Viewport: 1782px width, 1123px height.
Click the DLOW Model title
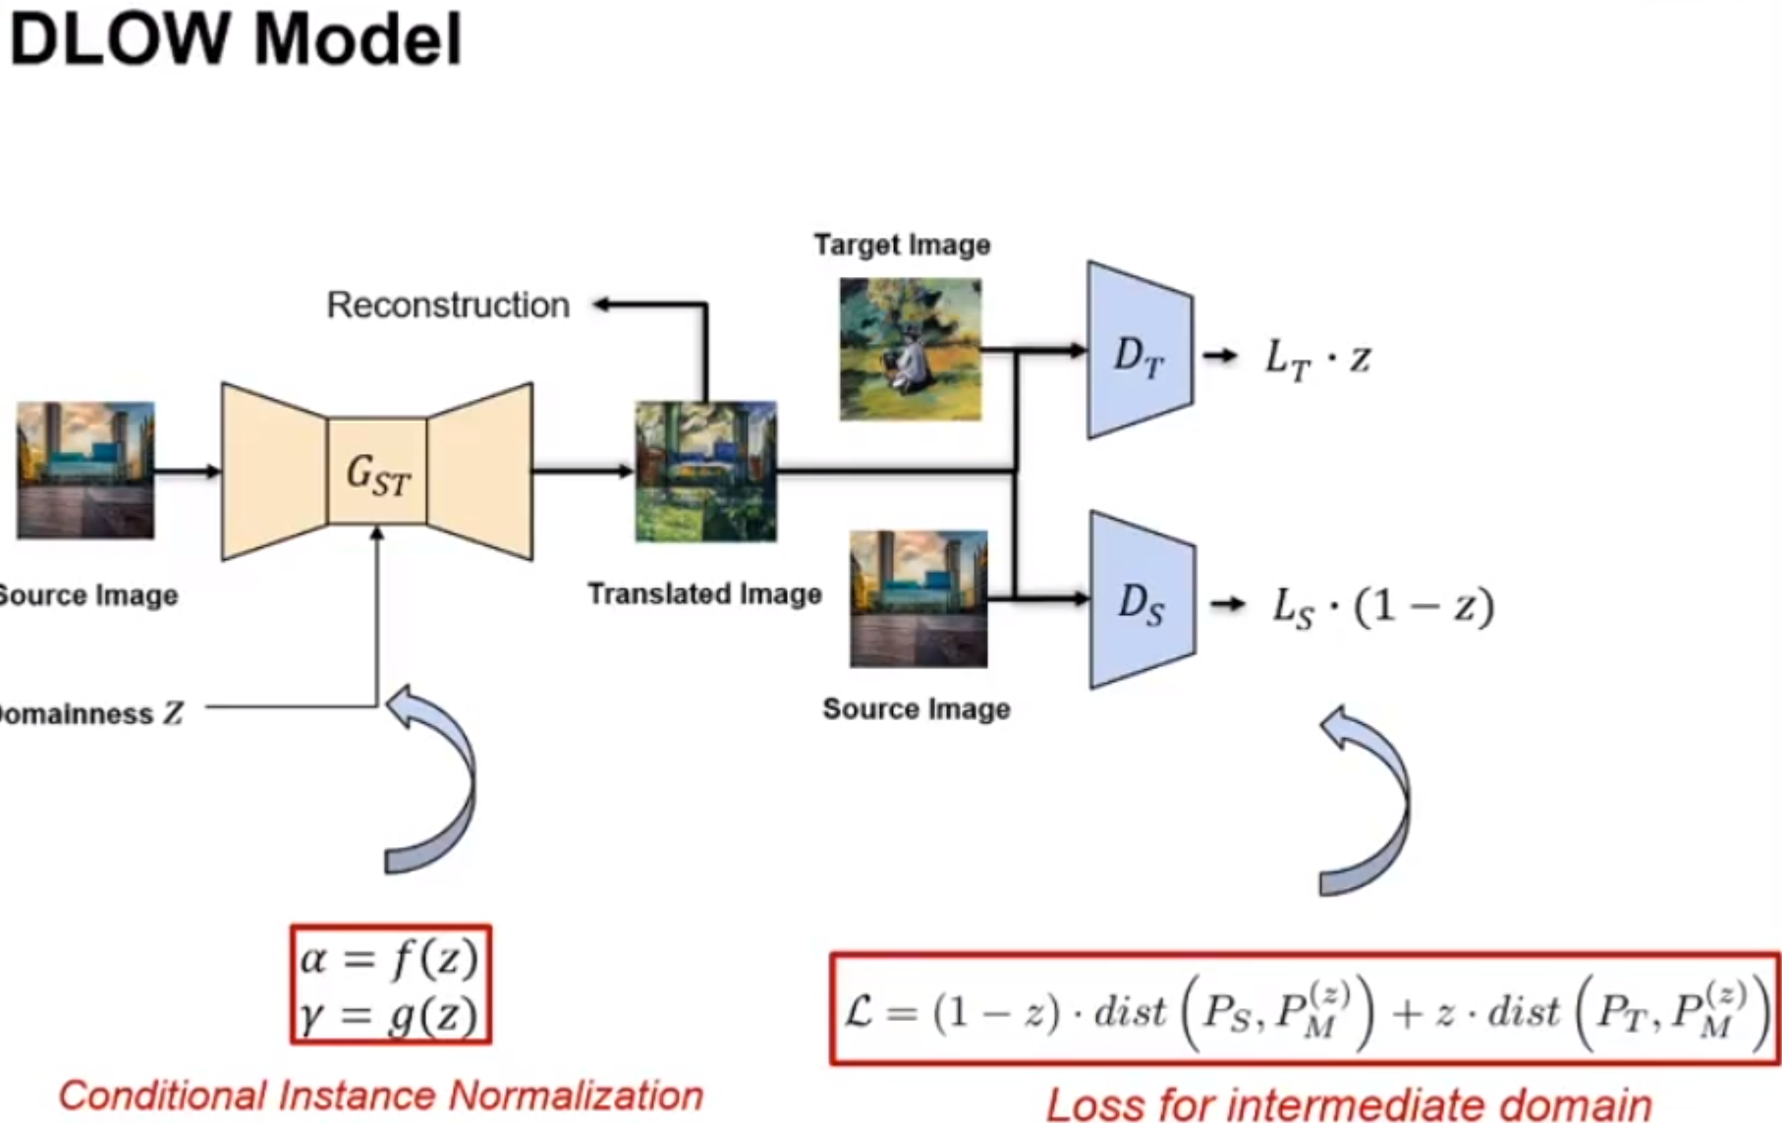pyautogui.click(x=236, y=41)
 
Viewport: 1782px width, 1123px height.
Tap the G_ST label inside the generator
pyautogui.click(x=377, y=476)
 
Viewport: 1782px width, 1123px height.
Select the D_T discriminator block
pyautogui.click(x=1140, y=352)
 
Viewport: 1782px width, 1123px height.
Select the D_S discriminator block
pyautogui.click(x=1142, y=600)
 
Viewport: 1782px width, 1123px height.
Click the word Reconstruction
pyautogui.click(x=448, y=306)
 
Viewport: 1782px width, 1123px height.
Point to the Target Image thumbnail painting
pyautogui.click(x=910, y=350)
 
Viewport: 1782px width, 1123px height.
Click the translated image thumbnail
pyautogui.click(x=705, y=472)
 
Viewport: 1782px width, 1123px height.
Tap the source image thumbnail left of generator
pyautogui.click(x=85, y=471)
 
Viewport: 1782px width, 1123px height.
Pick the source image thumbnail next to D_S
pyautogui.click(x=919, y=599)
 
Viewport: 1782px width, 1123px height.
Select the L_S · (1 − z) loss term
pyautogui.click(x=1383, y=606)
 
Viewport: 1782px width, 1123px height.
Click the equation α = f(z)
pyautogui.click(x=390, y=957)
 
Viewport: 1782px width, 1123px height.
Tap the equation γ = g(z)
pyautogui.click(x=390, y=1016)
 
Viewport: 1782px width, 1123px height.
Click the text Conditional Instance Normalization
pyautogui.click(x=381, y=1095)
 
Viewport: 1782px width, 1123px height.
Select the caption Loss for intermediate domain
pyautogui.click(x=1349, y=1104)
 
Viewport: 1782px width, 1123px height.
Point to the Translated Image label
pyautogui.click(x=704, y=594)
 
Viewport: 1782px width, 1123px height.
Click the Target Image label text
pyautogui.click(x=902, y=245)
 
